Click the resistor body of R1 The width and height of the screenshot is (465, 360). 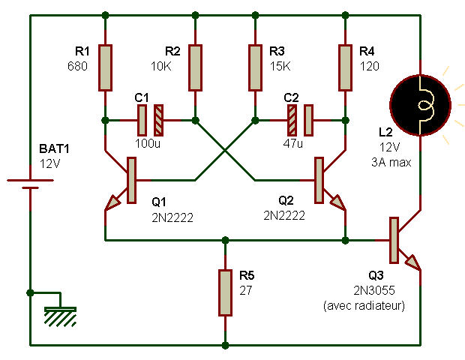coord(105,68)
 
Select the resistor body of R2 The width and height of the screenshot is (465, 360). coord(195,68)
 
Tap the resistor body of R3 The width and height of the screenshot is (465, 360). coord(255,68)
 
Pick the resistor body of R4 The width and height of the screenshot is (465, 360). coord(345,68)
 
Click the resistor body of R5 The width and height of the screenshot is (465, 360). coord(225,292)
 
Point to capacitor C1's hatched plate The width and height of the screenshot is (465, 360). coord(158,119)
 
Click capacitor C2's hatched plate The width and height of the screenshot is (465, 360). coord(292,119)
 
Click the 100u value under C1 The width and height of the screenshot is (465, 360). coord(146,142)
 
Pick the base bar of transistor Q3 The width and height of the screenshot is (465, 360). coord(393,239)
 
